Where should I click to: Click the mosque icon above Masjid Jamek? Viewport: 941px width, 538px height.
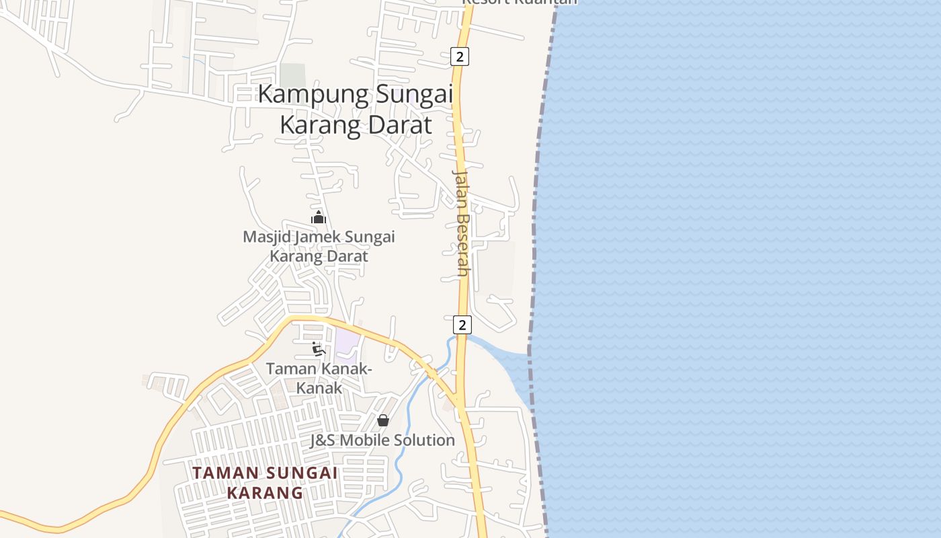coord(319,217)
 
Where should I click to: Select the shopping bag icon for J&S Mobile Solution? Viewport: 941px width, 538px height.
coord(383,420)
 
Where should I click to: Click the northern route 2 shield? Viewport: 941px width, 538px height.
coord(460,56)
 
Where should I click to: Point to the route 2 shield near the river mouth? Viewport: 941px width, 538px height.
coord(462,325)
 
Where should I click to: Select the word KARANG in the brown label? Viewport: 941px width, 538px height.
coord(265,493)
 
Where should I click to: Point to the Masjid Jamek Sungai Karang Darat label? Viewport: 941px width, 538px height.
coord(319,246)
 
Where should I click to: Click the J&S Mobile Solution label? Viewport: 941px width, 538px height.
coord(382,440)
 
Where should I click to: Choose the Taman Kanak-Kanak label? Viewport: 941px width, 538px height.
coord(319,378)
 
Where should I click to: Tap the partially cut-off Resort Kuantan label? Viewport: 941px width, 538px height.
coord(519,3)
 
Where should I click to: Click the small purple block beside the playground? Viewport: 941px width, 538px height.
coord(345,343)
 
